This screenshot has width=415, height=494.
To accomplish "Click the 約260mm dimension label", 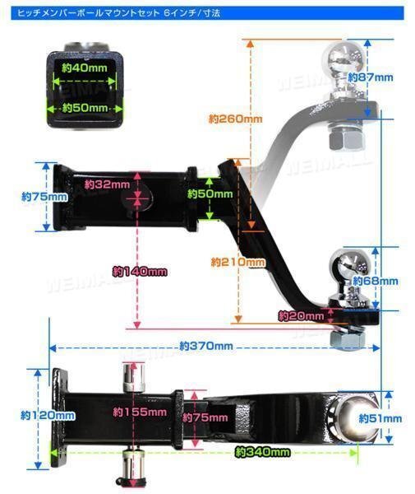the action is coord(236,119).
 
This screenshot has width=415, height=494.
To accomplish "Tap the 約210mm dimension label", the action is coord(238,262).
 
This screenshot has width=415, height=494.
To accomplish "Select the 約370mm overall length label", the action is coord(206,346).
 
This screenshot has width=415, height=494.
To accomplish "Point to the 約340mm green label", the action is coord(262,452).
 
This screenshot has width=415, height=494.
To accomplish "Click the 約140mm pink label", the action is coord(140,271).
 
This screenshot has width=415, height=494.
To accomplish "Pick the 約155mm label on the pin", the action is coord(140,412).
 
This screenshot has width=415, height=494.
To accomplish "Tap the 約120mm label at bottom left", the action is coord(48,415).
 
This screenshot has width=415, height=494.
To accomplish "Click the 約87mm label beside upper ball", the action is coord(370,77).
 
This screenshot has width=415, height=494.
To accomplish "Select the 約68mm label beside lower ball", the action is coord(375,281).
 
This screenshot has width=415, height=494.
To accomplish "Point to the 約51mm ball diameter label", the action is coord(380,418).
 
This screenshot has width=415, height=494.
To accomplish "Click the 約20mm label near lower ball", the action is coord(302,315).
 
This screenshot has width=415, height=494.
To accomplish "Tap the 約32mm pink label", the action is coord(107,184).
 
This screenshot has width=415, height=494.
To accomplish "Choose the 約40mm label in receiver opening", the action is coord(85,68).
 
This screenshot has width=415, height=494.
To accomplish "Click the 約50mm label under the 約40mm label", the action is coord(85,108).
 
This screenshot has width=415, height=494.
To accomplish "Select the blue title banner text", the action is coord(119,13).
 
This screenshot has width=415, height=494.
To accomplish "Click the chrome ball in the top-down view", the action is coord(358,417).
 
